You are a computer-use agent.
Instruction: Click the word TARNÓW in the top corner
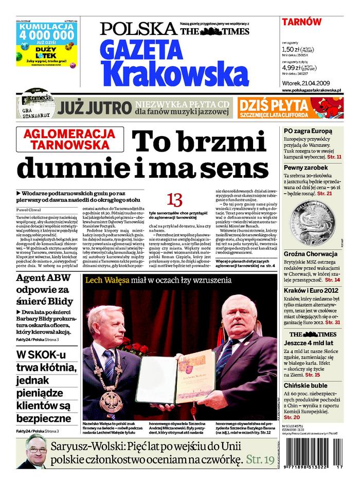point(302,22)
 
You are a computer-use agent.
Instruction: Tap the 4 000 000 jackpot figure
point(46,35)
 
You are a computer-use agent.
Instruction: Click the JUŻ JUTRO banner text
point(94,108)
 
